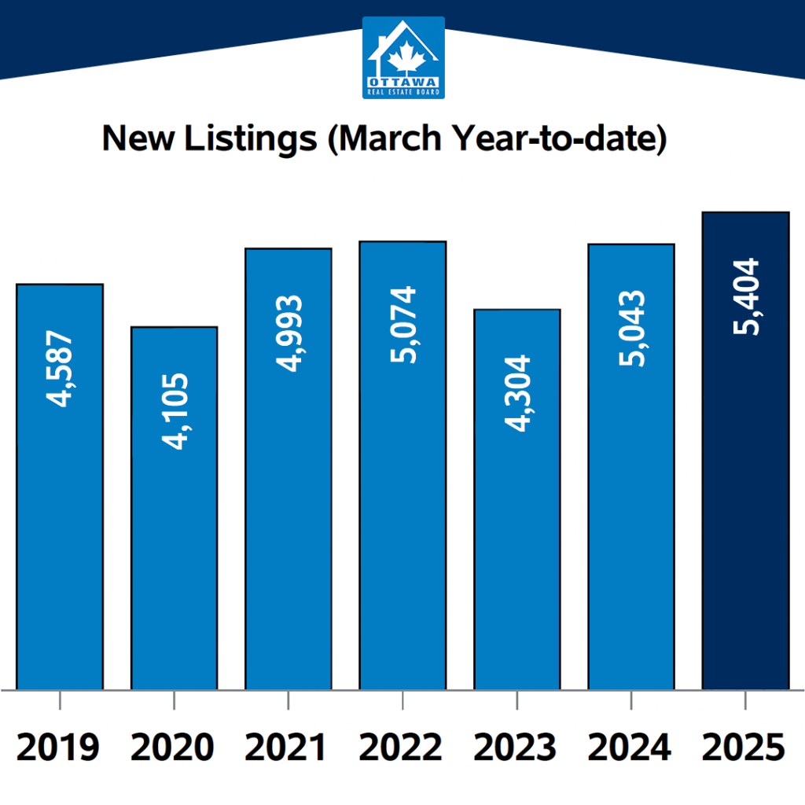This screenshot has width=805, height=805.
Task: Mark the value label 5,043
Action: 631,328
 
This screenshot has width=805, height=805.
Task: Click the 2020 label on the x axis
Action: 172,747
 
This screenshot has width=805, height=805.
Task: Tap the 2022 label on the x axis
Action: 402,747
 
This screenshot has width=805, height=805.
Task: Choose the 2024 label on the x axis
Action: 630,747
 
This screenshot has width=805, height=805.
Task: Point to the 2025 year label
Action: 744,747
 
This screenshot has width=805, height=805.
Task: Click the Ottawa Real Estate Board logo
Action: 403,57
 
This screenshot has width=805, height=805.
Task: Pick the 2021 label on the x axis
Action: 287,747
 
